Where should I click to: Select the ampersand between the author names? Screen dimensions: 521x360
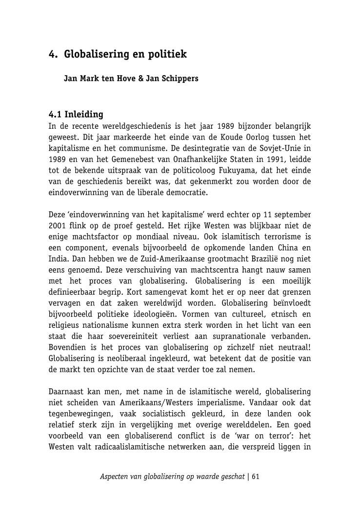141,78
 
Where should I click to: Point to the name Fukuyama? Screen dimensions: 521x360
266,170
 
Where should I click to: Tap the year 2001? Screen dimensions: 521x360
59,226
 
